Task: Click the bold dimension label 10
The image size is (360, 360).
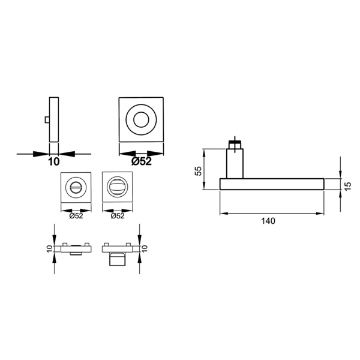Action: coord(54,161)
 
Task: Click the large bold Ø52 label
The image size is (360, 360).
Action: coord(142,161)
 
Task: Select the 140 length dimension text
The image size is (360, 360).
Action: coord(268,221)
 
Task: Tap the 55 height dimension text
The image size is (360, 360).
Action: coord(198,170)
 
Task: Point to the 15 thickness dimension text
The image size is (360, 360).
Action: coord(348,186)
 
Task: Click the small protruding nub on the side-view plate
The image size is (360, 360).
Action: coord(47,120)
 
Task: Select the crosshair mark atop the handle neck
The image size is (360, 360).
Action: coord(235,144)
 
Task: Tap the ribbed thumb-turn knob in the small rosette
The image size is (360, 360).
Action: coord(117,187)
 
